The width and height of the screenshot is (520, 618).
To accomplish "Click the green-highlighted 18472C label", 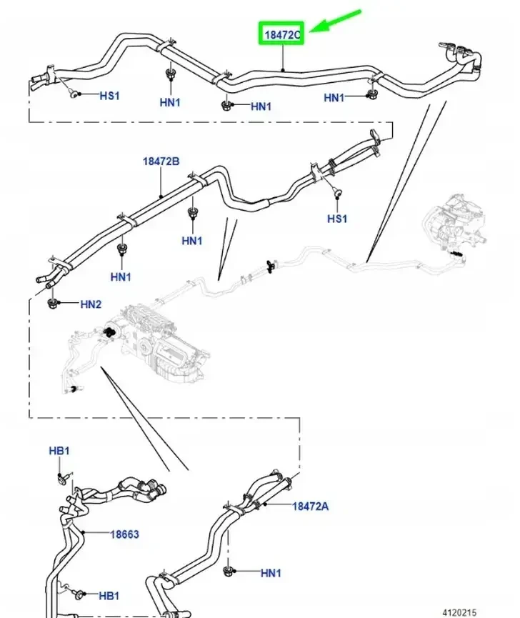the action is click(x=281, y=34).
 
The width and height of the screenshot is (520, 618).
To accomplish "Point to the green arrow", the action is click(x=336, y=21).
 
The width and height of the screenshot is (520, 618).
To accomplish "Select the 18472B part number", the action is click(x=161, y=161).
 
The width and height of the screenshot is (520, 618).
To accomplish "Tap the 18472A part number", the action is click(x=310, y=506).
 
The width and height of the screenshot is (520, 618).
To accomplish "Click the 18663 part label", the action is click(x=124, y=534).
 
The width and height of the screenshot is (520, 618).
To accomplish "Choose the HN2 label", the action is click(x=91, y=304).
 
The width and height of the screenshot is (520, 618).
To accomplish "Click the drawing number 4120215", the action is click(x=459, y=612).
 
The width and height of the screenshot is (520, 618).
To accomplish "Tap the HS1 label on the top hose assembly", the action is click(x=109, y=96).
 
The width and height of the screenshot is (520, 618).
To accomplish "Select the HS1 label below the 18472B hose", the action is click(x=337, y=219).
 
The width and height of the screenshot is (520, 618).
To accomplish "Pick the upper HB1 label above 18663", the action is click(x=59, y=451).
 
